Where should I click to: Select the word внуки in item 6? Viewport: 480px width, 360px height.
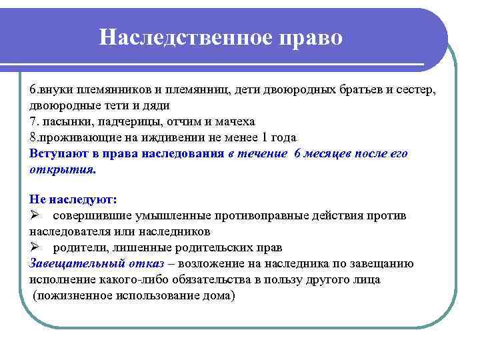[x=57, y=89]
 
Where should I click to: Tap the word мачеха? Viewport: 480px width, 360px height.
[x=230, y=121]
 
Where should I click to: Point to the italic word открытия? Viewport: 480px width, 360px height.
[x=62, y=169]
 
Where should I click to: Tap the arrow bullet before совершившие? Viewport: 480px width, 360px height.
[x=35, y=215]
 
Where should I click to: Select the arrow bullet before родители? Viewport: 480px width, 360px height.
[x=35, y=247]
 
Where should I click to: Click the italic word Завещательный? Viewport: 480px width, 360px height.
[x=74, y=263]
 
